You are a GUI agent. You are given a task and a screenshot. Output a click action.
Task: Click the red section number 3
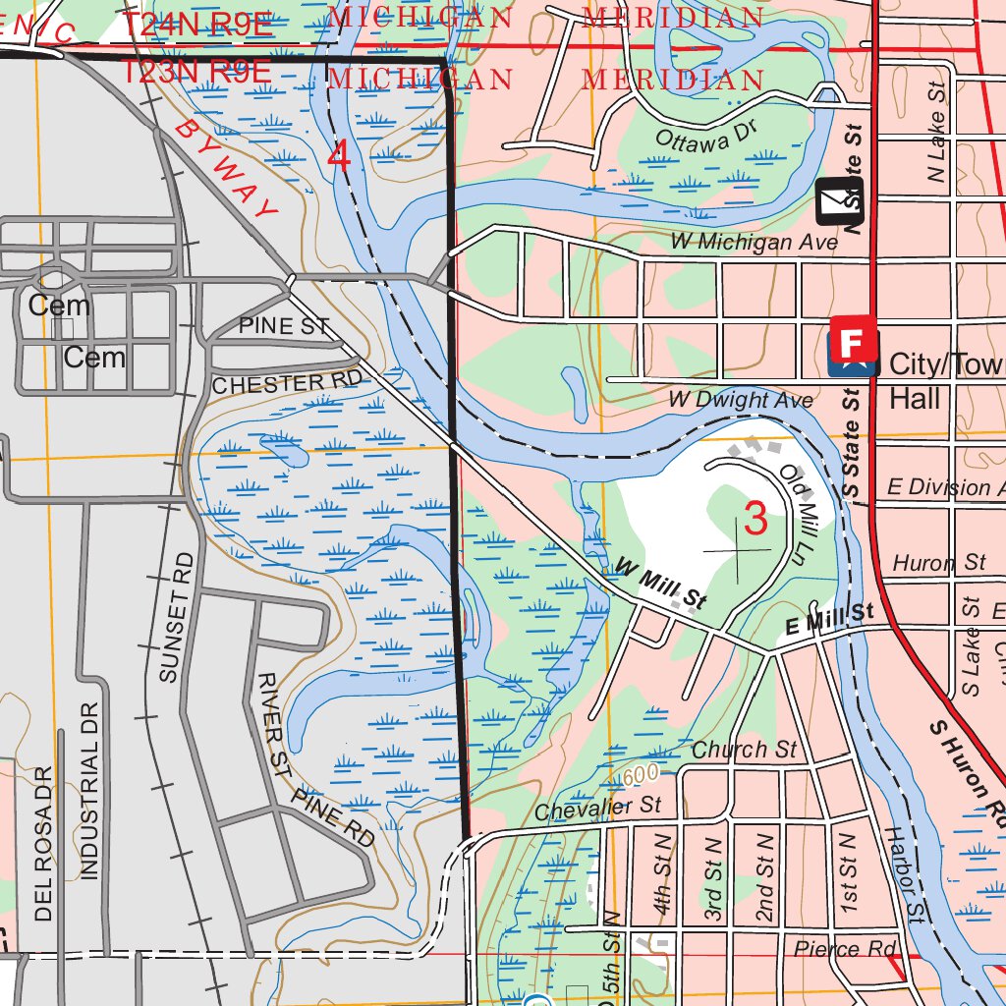click(x=754, y=518)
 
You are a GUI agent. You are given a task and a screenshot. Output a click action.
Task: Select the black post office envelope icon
click(x=832, y=201)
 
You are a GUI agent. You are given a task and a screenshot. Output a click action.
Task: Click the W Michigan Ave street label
click(x=754, y=241)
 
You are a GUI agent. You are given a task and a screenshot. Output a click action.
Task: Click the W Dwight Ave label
click(x=741, y=400)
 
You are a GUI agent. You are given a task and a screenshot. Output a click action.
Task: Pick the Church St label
click(x=744, y=750)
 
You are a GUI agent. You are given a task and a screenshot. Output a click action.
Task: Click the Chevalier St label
click(x=598, y=808)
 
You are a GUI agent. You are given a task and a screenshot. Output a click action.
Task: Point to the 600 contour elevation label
click(x=640, y=775)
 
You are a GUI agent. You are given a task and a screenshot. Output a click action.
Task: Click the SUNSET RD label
click(x=177, y=616)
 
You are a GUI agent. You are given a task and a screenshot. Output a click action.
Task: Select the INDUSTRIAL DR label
click(x=90, y=791)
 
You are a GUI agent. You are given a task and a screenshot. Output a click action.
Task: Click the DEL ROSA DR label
click(x=42, y=844)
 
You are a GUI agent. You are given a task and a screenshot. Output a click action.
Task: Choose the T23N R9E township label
click(x=196, y=71)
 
